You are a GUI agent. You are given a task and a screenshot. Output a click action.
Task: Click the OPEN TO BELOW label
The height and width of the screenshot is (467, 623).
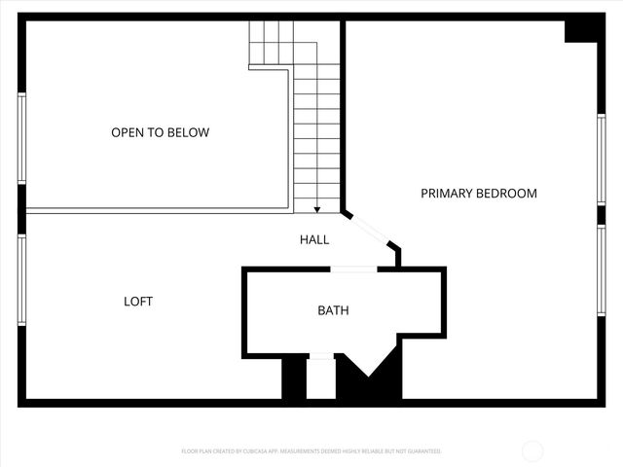click(160, 132)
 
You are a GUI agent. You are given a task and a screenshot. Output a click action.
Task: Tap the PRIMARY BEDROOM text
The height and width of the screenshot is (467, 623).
click(478, 194)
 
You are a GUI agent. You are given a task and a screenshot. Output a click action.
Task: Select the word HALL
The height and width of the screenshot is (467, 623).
click(313, 239)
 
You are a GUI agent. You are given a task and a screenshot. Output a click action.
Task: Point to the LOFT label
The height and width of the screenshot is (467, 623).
click(138, 302)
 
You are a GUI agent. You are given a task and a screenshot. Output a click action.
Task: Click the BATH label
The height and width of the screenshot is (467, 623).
click(333, 311)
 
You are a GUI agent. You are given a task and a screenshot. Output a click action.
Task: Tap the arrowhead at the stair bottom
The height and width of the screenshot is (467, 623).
click(317, 208)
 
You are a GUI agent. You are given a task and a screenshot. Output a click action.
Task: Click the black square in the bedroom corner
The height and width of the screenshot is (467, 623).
click(581, 29)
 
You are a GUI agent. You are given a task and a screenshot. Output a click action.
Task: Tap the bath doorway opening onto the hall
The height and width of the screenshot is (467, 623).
click(353, 269)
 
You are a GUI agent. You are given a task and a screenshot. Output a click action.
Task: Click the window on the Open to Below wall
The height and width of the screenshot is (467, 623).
click(21, 137)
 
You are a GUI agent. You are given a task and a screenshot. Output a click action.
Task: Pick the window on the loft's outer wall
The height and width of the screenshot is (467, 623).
click(21, 280)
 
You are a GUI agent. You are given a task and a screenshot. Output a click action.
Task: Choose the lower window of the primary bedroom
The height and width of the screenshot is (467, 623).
click(601, 269)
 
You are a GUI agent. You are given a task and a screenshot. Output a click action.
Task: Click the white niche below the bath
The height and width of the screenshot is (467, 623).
click(321, 377)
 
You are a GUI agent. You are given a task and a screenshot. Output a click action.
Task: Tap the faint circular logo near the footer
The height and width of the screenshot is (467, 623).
click(532, 450)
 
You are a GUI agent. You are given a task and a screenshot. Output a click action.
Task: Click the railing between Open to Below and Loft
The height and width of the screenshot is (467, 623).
click(156, 210)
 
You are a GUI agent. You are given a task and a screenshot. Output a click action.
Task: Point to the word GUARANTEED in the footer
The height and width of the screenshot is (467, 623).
click(424, 451)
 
